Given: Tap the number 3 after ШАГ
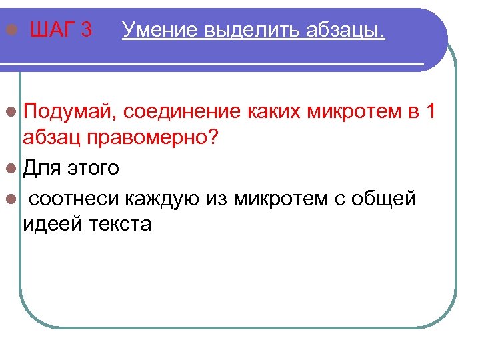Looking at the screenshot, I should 85,30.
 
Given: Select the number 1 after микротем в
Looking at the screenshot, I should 429,111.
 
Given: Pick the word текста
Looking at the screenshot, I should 120,224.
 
